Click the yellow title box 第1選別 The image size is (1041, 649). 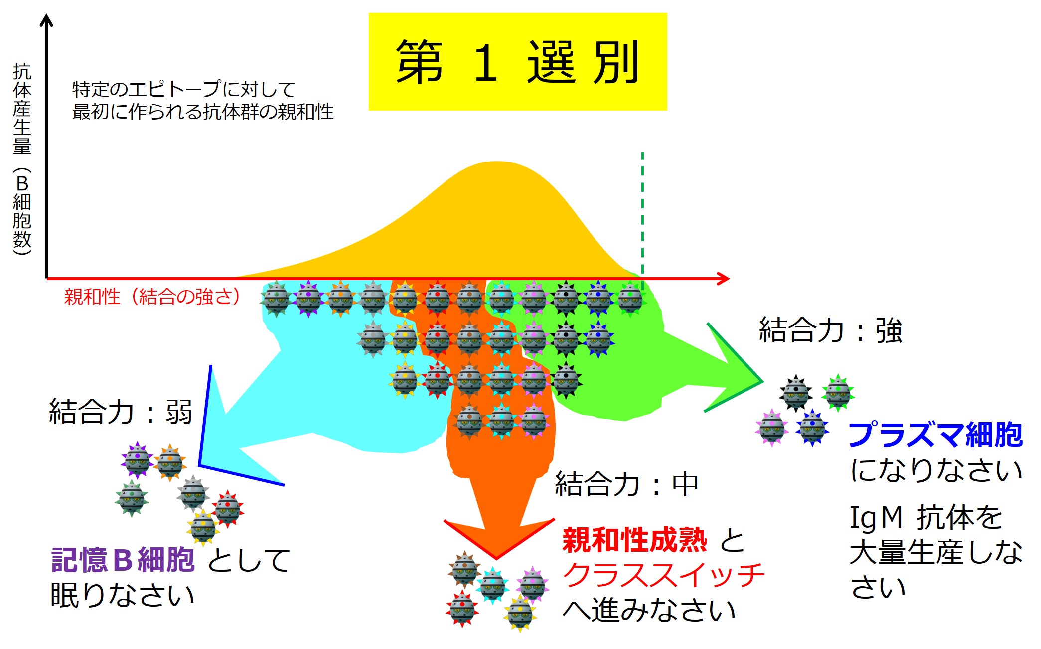click(x=517, y=62)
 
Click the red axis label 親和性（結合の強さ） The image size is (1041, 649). click(x=152, y=297)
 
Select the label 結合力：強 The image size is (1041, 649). click(x=830, y=330)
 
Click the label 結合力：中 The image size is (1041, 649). click(x=626, y=484)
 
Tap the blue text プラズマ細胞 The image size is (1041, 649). click(x=935, y=435)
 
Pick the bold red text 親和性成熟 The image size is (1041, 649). click(x=634, y=540)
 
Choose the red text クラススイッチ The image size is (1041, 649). click(x=663, y=575)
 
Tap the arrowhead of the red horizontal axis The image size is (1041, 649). click(x=725, y=279)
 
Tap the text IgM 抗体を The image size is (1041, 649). click(x=925, y=517)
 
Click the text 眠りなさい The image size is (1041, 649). click(x=122, y=595)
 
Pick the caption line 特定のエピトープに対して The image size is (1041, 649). click(x=184, y=90)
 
